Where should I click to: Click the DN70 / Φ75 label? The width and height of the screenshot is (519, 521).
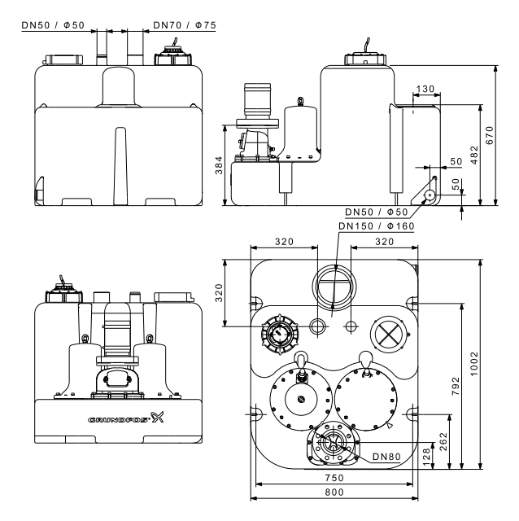[185, 25]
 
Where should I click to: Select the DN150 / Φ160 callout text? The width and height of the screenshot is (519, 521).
[376, 226]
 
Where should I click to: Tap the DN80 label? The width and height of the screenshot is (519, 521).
[386, 457]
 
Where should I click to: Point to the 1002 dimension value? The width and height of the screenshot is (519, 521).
[474, 364]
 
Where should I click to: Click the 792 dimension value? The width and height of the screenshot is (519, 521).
[456, 386]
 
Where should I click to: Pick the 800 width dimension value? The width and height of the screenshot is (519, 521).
[334, 492]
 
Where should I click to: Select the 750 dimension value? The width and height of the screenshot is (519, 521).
[334, 478]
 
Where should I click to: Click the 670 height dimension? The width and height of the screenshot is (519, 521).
[490, 135]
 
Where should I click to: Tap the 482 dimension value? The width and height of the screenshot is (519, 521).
[474, 155]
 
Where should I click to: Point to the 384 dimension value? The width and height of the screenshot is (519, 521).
[219, 165]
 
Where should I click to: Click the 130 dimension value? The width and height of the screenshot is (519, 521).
[425, 89]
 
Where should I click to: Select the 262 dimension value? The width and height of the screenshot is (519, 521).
[443, 441]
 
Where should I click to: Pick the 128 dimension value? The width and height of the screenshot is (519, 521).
[427, 456]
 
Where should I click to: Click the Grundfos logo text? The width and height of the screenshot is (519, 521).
[119, 420]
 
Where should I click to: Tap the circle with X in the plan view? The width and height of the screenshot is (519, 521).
[389, 333]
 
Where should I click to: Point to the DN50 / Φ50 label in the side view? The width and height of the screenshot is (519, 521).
[376, 212]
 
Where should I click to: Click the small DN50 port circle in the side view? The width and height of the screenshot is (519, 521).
[430, 195]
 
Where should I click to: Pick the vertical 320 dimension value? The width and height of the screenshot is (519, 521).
[219, 293]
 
